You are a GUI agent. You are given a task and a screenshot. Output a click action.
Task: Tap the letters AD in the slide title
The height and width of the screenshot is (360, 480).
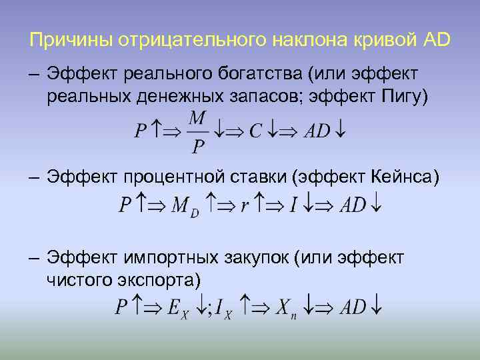pyautogui.click(x=436, y=40)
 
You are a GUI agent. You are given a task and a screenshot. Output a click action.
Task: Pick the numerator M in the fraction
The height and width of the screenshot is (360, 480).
pyautogui.click(x=198, y=118)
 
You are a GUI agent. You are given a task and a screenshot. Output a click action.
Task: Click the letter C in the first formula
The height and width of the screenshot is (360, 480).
pyautogui.click(x=255, y=131)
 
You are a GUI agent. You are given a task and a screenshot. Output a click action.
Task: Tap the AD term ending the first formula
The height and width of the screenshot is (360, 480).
pyautogui.click(x=317, y=131)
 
